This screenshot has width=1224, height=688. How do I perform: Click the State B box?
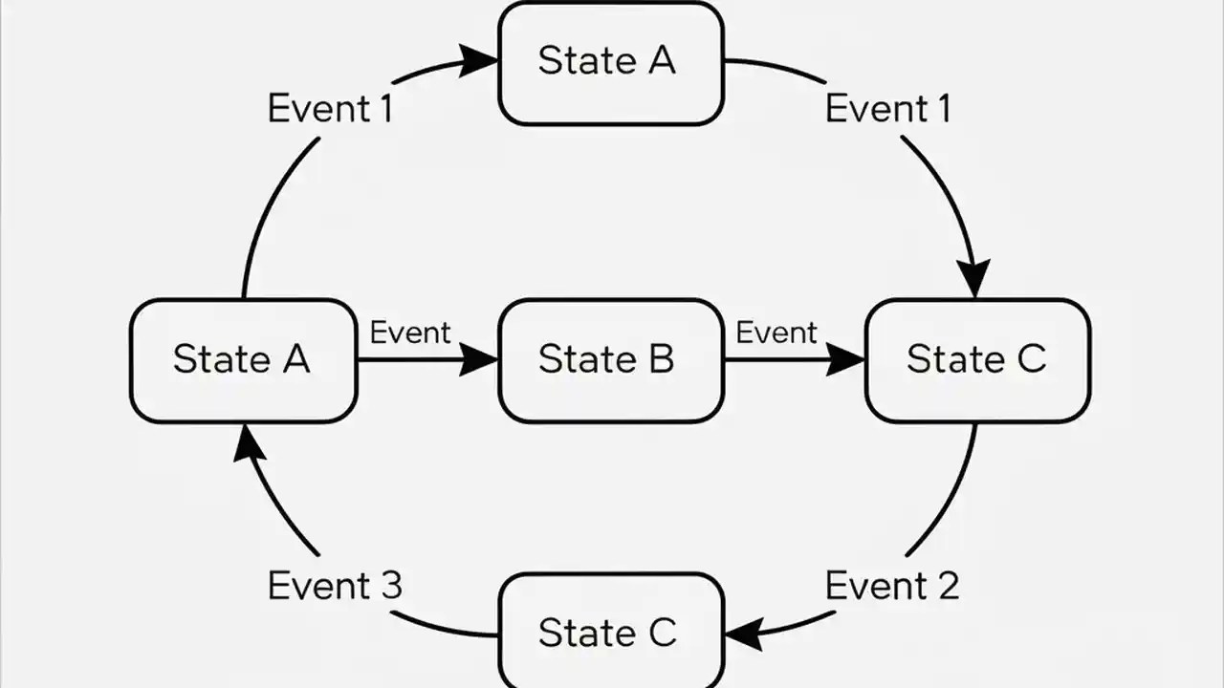coord(611,360)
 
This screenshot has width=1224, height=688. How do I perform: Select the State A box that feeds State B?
coord(243,360)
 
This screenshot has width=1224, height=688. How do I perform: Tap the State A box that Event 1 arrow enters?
coord(611,62)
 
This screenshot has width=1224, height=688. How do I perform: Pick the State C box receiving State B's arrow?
coord(977,360)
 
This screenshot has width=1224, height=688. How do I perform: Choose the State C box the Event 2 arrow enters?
coord(611,632)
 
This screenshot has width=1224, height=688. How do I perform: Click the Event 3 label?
coord(335,585)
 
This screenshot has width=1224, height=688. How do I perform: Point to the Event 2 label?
coord(891,585)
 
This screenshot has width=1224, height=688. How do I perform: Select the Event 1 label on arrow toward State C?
coord(887,109)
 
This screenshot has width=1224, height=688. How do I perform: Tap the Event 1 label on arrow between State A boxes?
coord(330,109)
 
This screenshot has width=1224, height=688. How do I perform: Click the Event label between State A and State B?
coord(409,333)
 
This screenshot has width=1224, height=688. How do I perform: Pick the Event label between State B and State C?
coord(776,333)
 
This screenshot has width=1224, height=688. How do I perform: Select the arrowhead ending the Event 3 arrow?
coord(246,442)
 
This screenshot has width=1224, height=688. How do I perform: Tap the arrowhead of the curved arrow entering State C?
coord(974,279)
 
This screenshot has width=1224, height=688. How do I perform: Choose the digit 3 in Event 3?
coord(389,585)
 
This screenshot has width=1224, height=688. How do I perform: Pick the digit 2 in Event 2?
coord(946,585)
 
